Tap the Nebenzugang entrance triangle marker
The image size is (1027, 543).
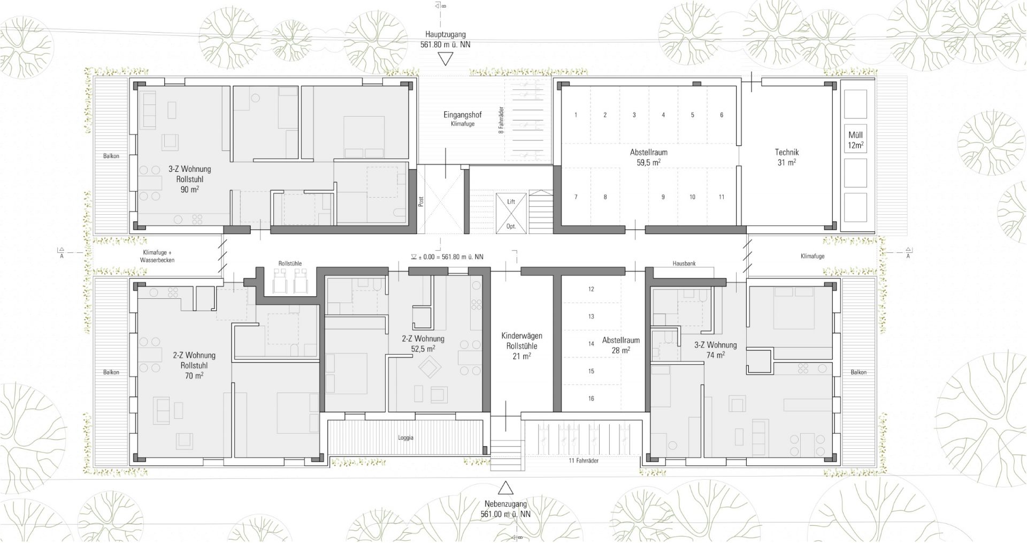tap(505, 488)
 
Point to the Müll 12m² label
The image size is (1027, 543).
tap(855, 140)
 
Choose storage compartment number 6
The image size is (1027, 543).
tap(722, 115)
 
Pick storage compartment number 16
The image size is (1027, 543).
tap(591, 398)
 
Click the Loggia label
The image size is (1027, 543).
tap(405, 438)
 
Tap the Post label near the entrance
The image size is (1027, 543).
tap(421, 201)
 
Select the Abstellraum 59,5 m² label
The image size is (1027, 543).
tap(648, 157)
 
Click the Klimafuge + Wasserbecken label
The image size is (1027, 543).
tap(157, 255)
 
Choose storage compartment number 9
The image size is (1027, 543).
tap(663, 197)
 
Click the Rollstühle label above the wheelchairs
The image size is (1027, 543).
tap(290, 263)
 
